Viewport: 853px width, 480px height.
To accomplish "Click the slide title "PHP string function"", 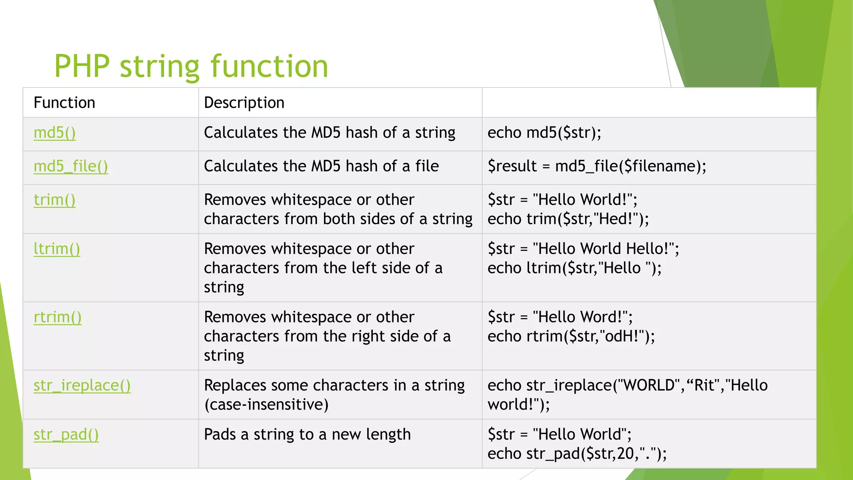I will coord(191,66).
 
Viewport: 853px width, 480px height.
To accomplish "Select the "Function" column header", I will coord(64,102).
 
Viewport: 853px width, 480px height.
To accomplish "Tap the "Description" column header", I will coord(244,102).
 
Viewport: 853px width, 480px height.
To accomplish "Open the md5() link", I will coord(55,133).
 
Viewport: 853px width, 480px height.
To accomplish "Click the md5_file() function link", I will coord(71,166).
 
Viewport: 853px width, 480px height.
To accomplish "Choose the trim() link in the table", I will coord(55,200).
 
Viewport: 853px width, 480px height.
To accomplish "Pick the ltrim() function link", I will coord(57,249).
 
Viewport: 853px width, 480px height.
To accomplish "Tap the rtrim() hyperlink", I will coord(57,317).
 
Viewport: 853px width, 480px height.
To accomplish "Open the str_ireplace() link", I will coord(82,385).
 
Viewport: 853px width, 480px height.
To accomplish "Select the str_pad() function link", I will coord(66,435).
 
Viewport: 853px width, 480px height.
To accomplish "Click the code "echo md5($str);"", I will coord(544,133).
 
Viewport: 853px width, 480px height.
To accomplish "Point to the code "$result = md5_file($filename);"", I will coord(597,166).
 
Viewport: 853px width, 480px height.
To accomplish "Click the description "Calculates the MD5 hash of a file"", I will coord(321,166).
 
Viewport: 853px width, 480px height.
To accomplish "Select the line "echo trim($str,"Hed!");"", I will coord(568,219).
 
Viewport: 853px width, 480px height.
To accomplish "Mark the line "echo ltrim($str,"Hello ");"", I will coord(574,268).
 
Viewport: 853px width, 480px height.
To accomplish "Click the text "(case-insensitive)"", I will coord(266,405).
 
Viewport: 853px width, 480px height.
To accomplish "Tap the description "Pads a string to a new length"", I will coord(307,435).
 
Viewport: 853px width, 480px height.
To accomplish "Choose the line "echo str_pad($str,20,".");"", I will coord(577,454).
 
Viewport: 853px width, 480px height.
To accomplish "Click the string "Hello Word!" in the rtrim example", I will coord(583,317).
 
